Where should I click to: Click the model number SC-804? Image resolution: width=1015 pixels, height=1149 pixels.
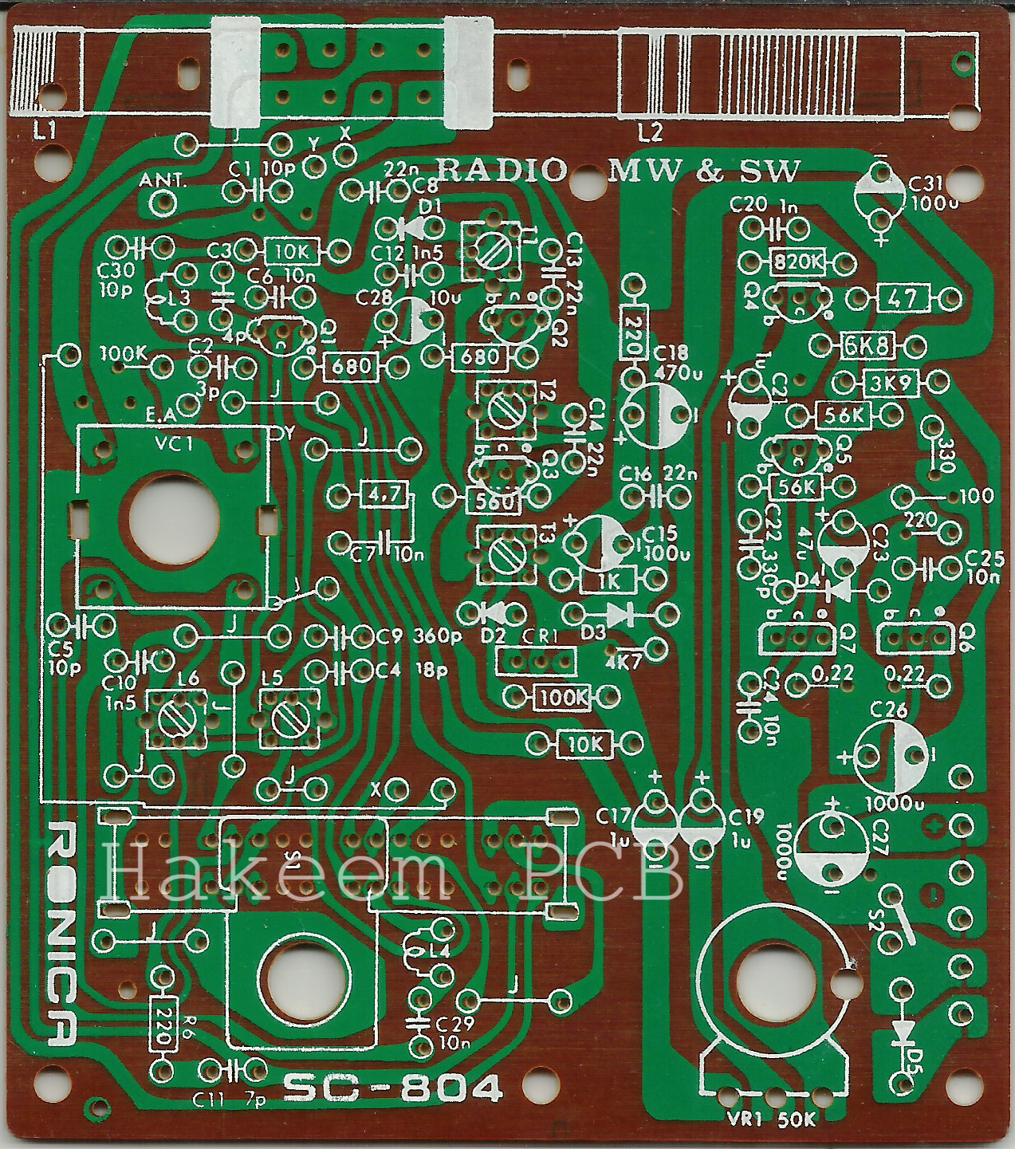[x=393, y=1088]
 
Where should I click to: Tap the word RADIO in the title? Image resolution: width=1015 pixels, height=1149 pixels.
[x=502, y=169]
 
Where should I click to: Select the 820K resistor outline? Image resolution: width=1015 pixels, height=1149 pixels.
[x=798, y=262]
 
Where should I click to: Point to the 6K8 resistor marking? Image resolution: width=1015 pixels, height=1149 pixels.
[x=867, y=345]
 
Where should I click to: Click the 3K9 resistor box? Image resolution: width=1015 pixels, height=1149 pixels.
[x=890, y=383]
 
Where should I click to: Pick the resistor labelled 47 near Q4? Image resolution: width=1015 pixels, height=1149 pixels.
[x=902, y=299]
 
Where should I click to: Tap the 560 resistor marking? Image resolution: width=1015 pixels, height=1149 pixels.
[x=494, y=501]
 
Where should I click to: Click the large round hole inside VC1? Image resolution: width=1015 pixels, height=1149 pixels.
[x=174, y=517]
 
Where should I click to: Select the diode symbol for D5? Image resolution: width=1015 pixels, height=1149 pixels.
[x=903, y=1033]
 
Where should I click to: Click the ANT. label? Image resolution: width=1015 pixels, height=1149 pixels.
[x=162, y=180]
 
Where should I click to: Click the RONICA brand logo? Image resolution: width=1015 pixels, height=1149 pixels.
[x=62, y=933]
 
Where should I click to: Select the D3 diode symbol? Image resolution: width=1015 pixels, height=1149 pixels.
[x=619, y=615]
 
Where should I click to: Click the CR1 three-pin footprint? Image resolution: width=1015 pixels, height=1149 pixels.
[x=536, y=661]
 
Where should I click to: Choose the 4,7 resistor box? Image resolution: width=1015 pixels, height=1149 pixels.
[x=385, y=495]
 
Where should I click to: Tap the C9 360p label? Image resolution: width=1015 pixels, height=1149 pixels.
[x=419, y=637]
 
